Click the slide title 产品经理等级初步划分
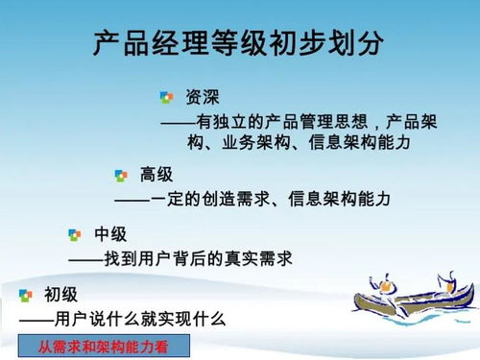point(239,43)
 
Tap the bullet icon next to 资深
point(167,97)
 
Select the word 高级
point(156,175)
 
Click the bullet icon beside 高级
point(121,176)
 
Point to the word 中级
point(110,234)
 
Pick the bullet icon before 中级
point(75,235)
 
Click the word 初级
point(60,295)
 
